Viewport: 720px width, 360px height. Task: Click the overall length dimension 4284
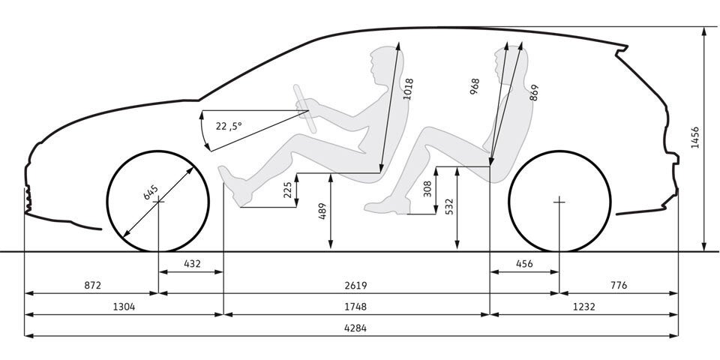[x=355, y=328]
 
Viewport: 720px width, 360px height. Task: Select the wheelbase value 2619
[x=355, y=286]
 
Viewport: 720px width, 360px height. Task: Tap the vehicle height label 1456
[x=694, y=138]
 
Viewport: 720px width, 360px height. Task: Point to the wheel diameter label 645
[x=151, y=192]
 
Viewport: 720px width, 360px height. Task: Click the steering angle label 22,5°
[x=229, y=125]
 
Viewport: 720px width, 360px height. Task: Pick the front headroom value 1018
[x=408, y=89]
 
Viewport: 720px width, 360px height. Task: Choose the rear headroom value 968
[x=475, y=86]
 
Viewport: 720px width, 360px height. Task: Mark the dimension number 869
[x=533, y=93]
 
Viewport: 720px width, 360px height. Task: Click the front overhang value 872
[x=92, y=286]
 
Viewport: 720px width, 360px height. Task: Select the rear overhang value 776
[x=619, y=286]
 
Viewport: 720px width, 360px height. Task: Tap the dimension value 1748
[x=355, y=307]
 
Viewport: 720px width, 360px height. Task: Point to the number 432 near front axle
[x=193, y=264]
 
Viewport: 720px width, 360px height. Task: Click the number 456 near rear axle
[x=524, y=264]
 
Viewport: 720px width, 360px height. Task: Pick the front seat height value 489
[x=322, y=211]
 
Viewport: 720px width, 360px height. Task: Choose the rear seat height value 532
[x=449, y=207]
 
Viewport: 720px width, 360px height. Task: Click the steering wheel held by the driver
[x=305, y=109]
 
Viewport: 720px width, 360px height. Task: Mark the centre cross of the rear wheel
[x=559, y=201]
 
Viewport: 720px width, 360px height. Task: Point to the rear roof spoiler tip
[x=626, y=46]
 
